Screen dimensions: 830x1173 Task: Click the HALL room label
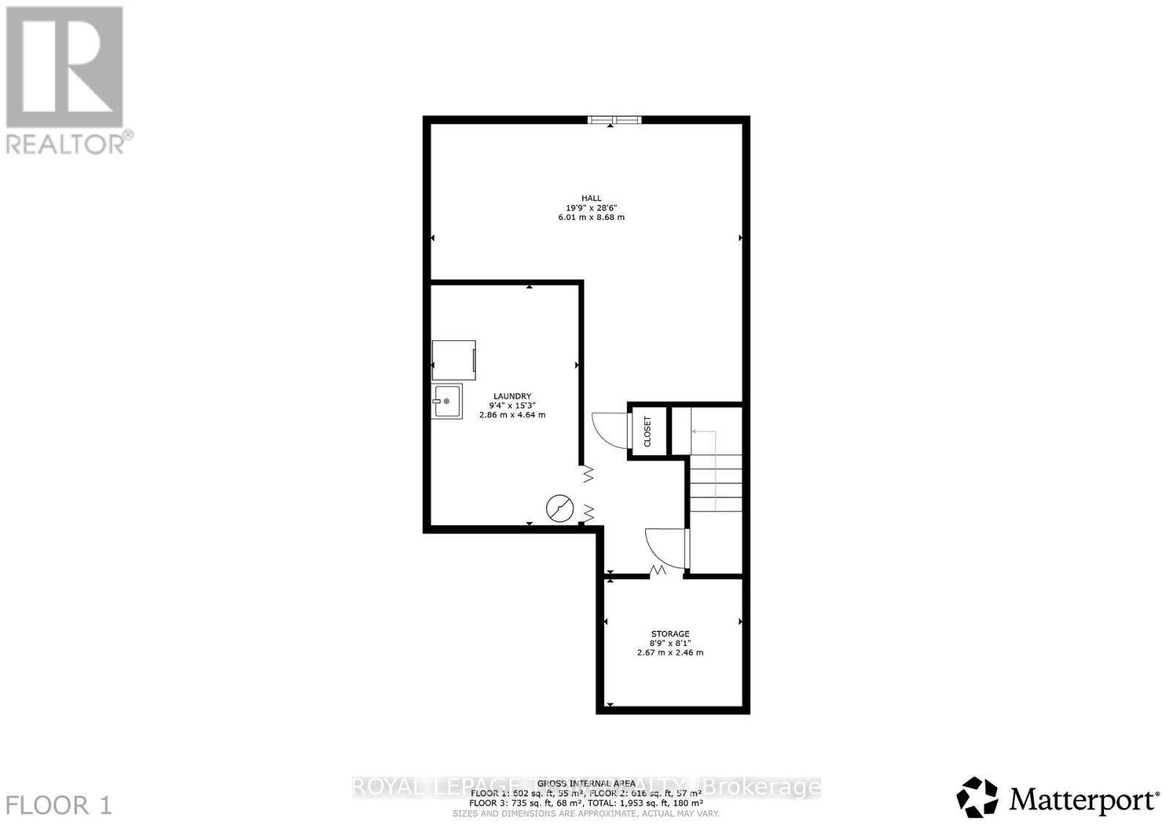pos(591,198)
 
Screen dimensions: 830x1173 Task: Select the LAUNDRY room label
pos(512,396)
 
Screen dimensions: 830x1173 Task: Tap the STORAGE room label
pos(670,633)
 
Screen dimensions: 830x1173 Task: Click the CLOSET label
pos(647,432)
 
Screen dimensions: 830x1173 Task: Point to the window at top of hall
pos(614,120)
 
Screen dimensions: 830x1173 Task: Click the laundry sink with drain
pos(446,401)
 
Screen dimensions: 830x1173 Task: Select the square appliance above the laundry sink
pos(453,360)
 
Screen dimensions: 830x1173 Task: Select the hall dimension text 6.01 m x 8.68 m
pos(591,217)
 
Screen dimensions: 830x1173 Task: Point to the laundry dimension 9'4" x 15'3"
pos(512,405)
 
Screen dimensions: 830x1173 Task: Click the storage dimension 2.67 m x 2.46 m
pos(670,652)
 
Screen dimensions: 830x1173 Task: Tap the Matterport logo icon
pos(977,797)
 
